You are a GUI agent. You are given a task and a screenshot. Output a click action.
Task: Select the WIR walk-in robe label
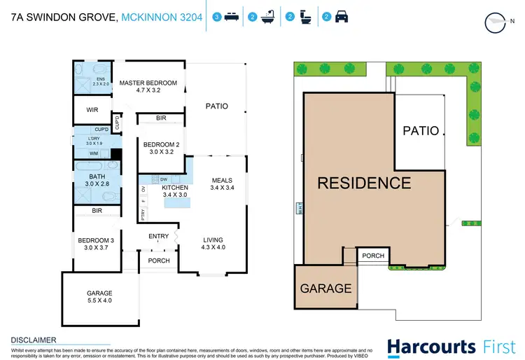click(x=92, y=110)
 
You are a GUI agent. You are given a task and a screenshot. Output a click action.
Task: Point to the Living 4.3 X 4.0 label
click(x=213, y=242)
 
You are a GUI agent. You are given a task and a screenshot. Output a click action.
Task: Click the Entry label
click(x=159, y=237)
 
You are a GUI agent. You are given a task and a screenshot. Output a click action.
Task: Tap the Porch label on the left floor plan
click(x=159, y=261)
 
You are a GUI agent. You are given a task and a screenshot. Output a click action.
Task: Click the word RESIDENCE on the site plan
click(x=364, y=184)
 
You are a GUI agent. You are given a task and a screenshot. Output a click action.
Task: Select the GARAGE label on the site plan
click(x=325, y=288)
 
